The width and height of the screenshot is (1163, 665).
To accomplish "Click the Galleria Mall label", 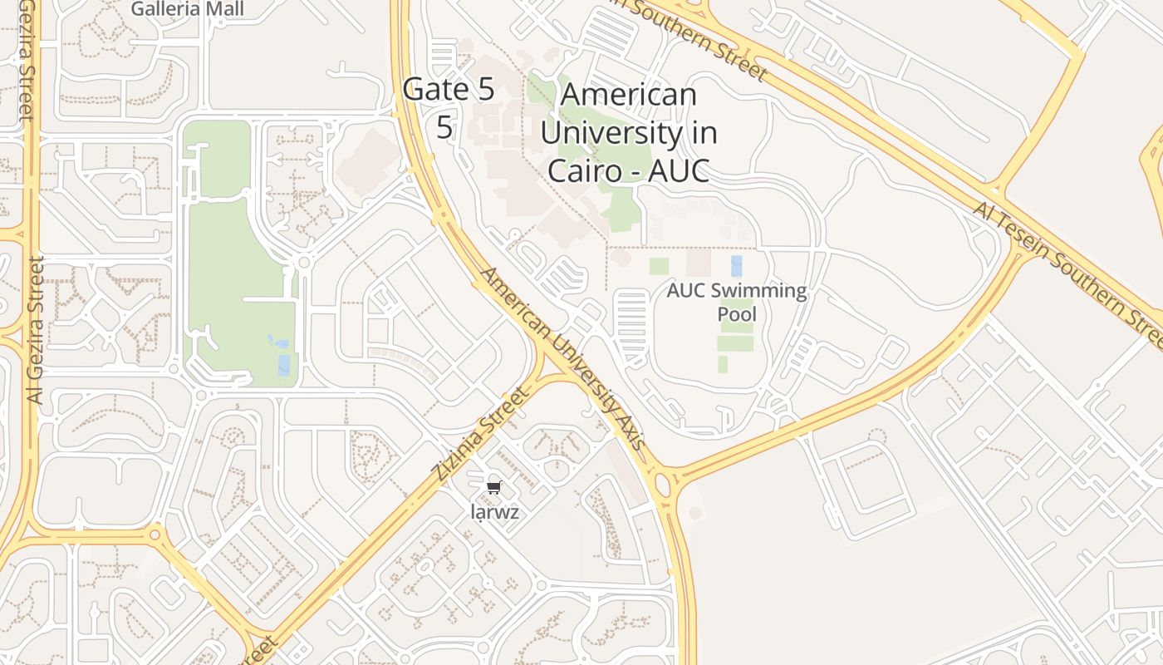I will point(188,9).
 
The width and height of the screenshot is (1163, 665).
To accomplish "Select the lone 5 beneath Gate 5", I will point(445,128).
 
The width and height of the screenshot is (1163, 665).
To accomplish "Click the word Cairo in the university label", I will point(586,170).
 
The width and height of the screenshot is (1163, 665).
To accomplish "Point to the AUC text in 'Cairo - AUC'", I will point(679,170).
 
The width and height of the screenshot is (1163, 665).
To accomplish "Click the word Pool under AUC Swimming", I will point(737,314).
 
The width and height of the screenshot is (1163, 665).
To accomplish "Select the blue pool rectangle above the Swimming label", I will point(736,266).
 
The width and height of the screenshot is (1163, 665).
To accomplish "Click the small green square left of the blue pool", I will point(659,266).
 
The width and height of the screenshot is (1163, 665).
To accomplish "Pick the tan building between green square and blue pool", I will point(698,263).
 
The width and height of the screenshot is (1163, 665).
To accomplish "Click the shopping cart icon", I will point(494,487).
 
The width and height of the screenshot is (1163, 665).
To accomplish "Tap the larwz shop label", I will point(495,512).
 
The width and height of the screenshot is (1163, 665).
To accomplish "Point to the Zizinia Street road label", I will point(480,434).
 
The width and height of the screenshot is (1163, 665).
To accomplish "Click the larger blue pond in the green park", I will point(284,365).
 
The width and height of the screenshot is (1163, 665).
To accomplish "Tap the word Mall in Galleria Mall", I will point(226,9).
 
